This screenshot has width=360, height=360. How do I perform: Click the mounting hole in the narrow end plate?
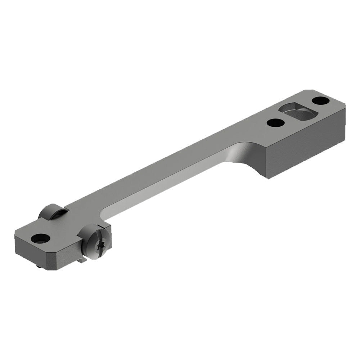(40, 238)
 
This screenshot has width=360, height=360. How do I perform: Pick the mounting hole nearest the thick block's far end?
(320, 100)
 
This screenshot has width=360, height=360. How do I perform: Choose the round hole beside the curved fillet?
(275, 123)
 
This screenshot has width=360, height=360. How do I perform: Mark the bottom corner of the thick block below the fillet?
(267, 177)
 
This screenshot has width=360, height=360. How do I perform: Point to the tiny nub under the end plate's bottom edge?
(39, 266)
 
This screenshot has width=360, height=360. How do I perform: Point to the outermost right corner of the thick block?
(345, 104)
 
